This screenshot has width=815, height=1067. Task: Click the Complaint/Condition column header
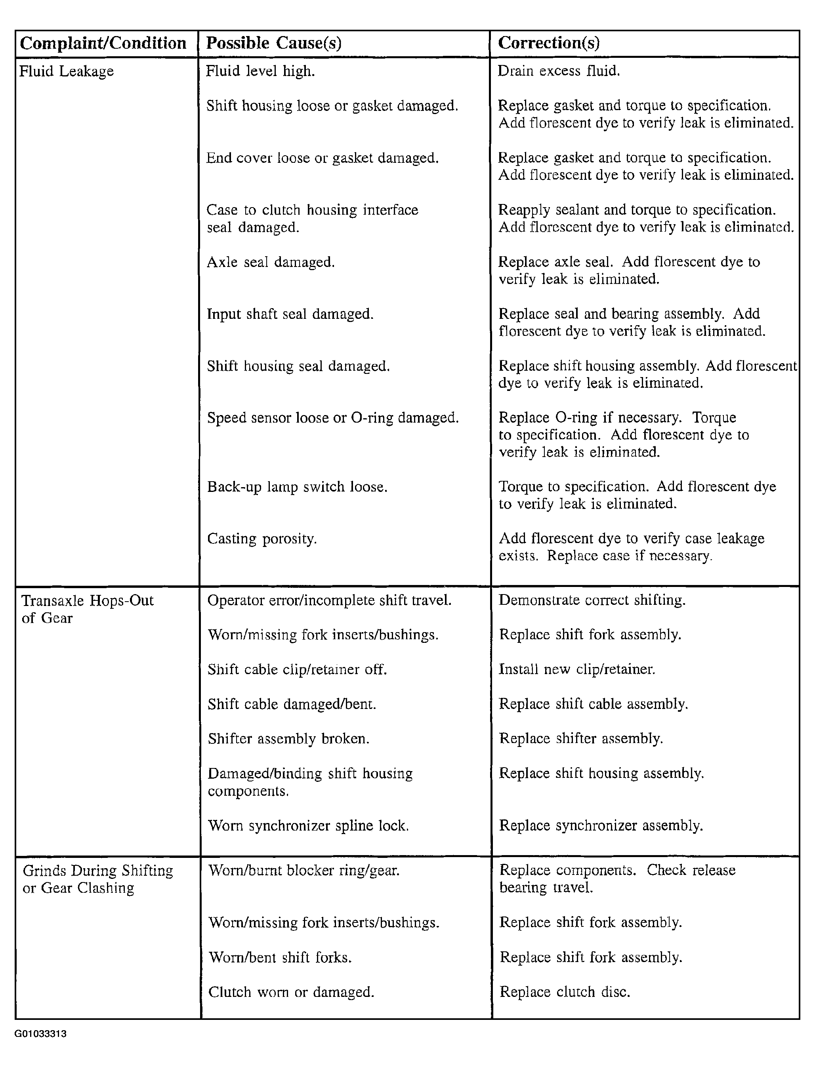[x=103, y=43]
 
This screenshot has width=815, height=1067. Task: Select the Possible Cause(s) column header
[x=274, y=43]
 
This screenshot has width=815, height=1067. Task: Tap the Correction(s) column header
[x=549, y=43]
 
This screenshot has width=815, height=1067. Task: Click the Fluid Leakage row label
[x=67, y=71]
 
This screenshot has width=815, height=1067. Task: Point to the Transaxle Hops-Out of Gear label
[x=87, y=609]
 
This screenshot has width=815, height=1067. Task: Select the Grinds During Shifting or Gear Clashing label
[x=97, y=879]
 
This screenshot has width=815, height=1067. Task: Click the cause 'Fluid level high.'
[x=261, y=71]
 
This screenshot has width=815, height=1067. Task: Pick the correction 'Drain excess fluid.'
[x=559, y=71]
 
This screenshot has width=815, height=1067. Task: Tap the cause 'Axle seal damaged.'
[x=271, y=262]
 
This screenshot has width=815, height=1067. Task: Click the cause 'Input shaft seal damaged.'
[x=290, y=314]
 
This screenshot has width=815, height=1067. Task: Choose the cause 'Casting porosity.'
[x=262, y=539]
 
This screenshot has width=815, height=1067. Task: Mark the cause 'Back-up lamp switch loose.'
[x=298, y=487]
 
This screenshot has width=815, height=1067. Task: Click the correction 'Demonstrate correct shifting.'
[x=592, y=600]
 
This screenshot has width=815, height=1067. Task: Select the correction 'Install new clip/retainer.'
[x=577, y=670]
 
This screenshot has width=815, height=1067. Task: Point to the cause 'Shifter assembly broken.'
[x=289, y=739]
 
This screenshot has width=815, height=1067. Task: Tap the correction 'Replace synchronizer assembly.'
[x=601, y=825]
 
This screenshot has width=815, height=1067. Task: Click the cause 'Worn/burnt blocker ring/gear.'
[x=303, y=871]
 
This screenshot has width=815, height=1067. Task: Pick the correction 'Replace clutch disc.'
[x=565, y=992]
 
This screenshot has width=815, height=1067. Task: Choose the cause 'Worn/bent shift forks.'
[x=280, y=957]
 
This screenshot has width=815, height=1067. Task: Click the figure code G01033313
[x=41, y=1034]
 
